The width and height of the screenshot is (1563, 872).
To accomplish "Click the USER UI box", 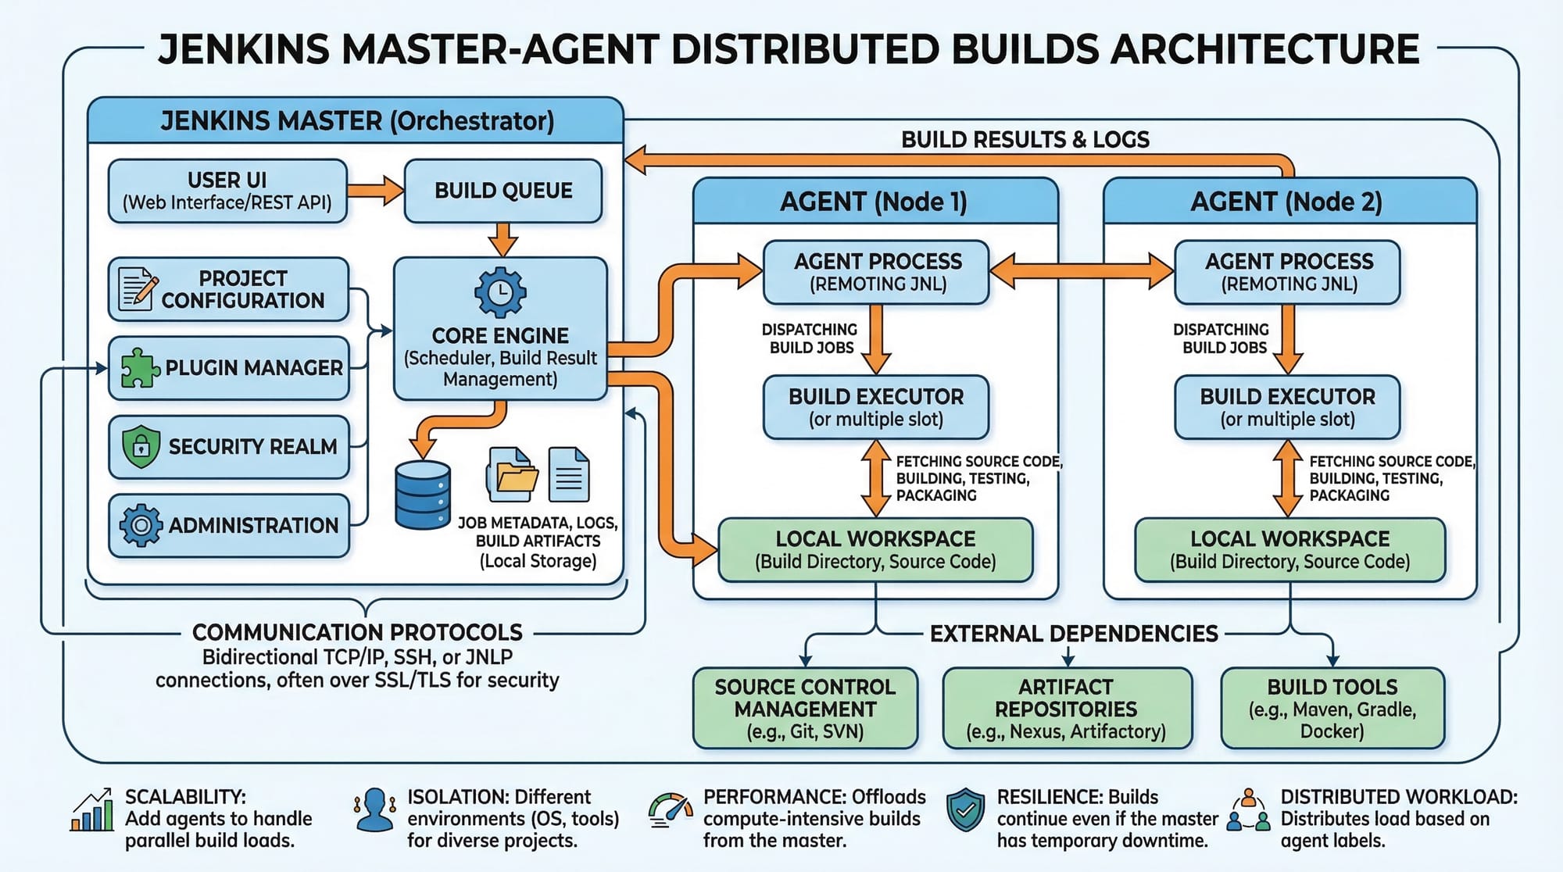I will pyautogui.click(x=227, y=191).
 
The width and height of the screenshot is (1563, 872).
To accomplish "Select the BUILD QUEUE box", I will pyautogui.click(x=503, y=191).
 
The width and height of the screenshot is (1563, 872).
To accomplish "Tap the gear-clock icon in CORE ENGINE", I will pyautogui.click(x=500, y=293).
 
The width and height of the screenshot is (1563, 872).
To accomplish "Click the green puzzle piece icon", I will pyautogui.click(x=140, y=367).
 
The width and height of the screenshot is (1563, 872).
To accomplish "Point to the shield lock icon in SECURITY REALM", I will pyautogui.click(x=141, y=446).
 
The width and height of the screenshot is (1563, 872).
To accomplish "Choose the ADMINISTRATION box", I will pyautogui.click(x=229, y=525).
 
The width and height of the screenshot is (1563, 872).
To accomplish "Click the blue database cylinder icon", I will pyautogui.click(x=423, y=495).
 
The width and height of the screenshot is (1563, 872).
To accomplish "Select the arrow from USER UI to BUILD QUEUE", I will pyautogui.click(x=375, y=191).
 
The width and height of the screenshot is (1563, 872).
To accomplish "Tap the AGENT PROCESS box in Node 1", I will pyautogui.click(x=877, y=272).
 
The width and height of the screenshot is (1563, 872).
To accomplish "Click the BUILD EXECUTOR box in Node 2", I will pyautogui.click(x=1287, y=407).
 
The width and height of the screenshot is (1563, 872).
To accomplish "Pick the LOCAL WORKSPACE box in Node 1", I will pyautogui.click(x=875, y=550).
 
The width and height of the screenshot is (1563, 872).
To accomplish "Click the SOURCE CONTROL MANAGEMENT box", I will pyautogui.click(x=805, y=709).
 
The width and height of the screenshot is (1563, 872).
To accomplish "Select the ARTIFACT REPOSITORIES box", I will pyautogui.click(x=1067, y=709).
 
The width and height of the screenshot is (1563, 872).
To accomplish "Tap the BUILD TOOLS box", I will pyautogui.click(x=1332, y=709).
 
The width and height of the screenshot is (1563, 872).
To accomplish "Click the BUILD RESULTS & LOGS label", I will pyautogui.click(x=1025, y=140).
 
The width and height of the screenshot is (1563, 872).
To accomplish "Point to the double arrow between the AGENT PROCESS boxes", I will pyautogui.click(x=1082, y=272).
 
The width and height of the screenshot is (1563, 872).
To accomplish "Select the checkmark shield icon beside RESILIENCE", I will pyautogui.click(x=966, y=810).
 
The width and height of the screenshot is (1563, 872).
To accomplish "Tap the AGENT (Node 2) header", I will pyautogui.click(x=1287, y=202).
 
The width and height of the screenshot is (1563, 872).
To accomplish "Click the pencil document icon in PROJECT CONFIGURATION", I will pyautogui.click(x=137, y=289).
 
